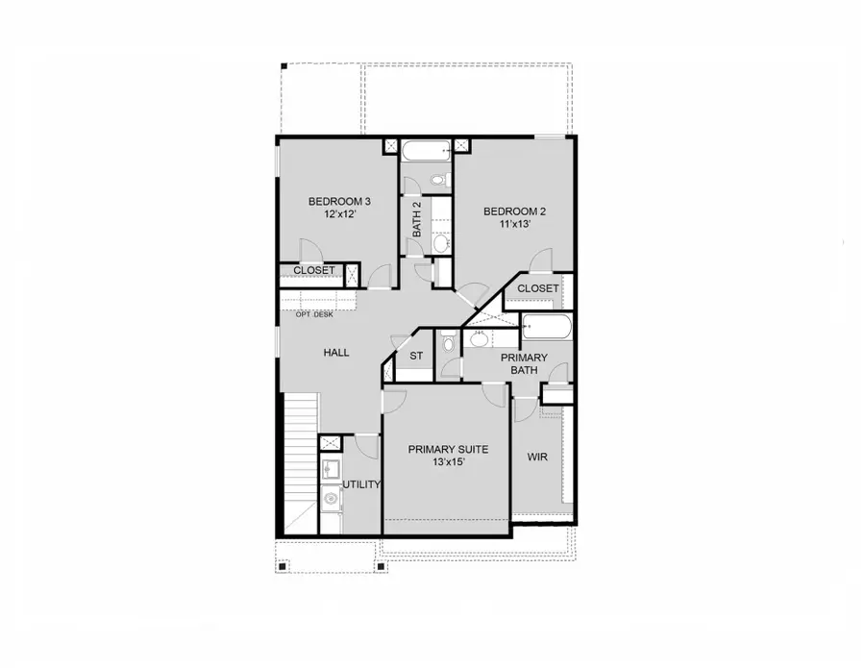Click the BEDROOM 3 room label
pyautogui.click(x=339, y=201)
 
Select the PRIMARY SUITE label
pyautogui.click(x=448, y=449)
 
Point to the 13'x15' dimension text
pyautogui.click(x=447, y=462)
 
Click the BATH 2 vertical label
pyautogui.click(x=417, y=219)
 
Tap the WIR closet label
pyautogui.click(x=537, y=457)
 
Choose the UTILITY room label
pyautogui.click(x=362, y=484)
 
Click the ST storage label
pyautogui.click(x=416, y=357)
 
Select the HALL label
pyautogui.click(x=335, y=353)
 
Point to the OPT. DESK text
pyautogui.click(x=314, y=315)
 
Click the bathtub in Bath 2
pyautogui.click(x=426, y=151)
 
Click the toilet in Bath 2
pyautogui.click(x=438, y=180)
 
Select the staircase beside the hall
pyautogui.click(x=301, y=461)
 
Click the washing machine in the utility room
pyautogui.click(x=330, y=498)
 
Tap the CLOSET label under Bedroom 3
pyautogui.click(x=314, y=270)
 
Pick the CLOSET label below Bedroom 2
pyautogui.click(x=538, y=288)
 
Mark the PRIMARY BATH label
pyautogui.click(x=524, y=363)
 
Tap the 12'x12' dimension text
pyautogui.click(x=338, y=214)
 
